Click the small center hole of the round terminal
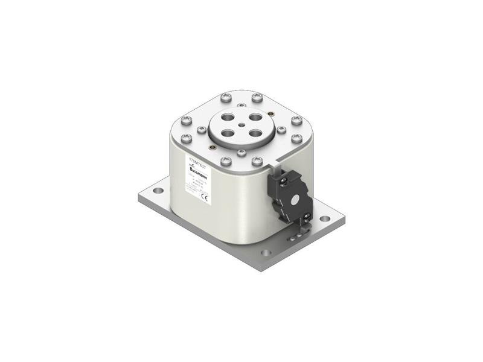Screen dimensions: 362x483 [x=240, y=125]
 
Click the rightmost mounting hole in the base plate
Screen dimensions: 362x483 [x=325, y=218]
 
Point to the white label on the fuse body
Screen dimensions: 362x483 [x=198, y=181]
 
